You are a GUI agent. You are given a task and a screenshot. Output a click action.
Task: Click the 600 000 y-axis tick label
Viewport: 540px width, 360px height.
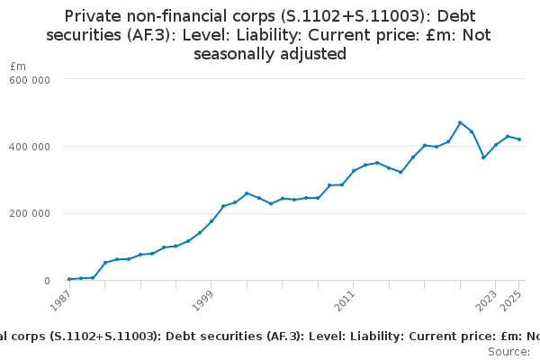[30, 80]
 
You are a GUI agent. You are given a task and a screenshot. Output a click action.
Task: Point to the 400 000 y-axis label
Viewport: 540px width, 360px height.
[30, 147]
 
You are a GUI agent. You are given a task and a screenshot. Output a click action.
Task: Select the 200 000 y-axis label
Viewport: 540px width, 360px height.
[30, 213]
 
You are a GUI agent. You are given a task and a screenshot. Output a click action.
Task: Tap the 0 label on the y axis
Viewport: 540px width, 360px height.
[47, 281]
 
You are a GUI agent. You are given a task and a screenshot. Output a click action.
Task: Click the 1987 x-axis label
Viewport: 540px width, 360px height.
[60, 301]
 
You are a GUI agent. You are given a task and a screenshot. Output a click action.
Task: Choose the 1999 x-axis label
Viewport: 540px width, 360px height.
[202, 301]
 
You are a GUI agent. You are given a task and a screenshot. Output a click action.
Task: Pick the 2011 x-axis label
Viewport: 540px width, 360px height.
[345, 301]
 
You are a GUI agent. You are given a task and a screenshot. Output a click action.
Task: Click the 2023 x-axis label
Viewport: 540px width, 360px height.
[486, 301]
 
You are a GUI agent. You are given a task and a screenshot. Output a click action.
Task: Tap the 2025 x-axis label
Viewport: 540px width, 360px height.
[510, 301]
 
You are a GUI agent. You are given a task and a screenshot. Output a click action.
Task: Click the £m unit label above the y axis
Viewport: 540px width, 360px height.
[18, 66]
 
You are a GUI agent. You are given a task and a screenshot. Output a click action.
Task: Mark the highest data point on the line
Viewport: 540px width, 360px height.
[460, 122]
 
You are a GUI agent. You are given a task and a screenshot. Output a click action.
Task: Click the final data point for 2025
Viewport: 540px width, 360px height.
[519, 139]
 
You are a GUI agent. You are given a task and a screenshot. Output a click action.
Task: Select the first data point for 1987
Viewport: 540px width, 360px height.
[69, 279]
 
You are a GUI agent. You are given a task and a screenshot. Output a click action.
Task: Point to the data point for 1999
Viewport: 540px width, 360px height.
[211, 221]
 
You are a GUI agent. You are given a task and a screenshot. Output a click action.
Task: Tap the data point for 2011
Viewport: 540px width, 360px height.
[354, 170]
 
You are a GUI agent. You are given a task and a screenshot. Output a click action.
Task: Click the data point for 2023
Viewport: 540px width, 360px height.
[496, 145]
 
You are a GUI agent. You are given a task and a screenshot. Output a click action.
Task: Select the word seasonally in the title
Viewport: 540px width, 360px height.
[233, 54]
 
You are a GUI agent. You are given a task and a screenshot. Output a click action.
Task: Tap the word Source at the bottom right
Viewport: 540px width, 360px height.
[508, 352]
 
